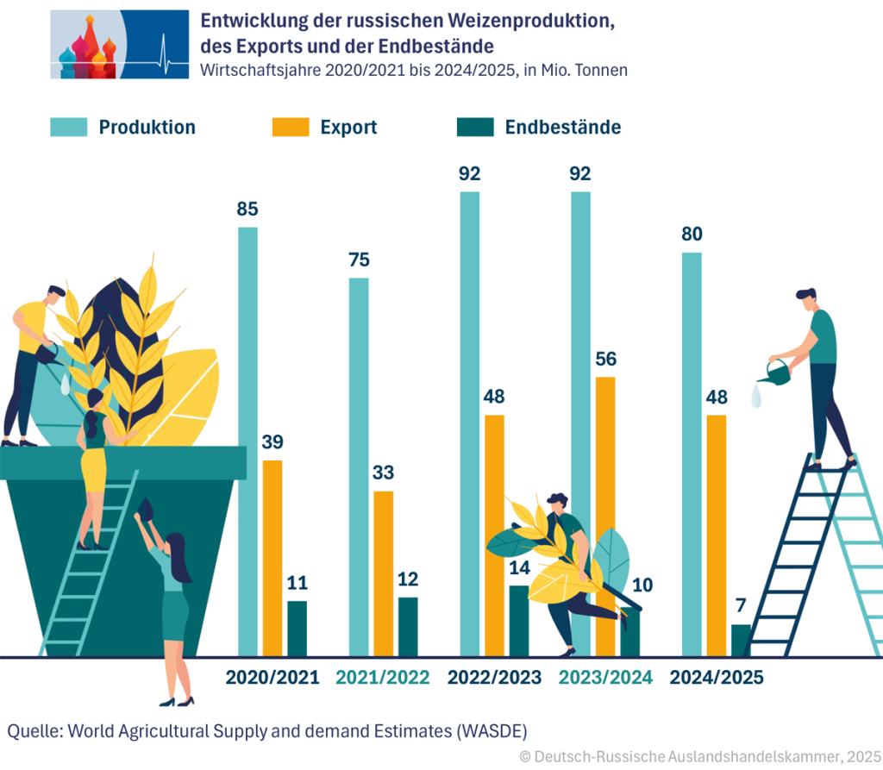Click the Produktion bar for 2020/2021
247,440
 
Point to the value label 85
247,209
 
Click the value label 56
606,359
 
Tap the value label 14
519,567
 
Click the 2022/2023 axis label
494,678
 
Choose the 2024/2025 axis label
717,678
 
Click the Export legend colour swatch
291,128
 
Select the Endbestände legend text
562,128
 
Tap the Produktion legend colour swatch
68,128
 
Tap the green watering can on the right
775,372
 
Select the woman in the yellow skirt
93,466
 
